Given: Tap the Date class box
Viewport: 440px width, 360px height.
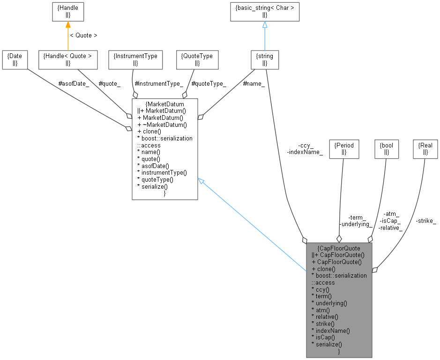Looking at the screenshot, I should pyautogui.click(x=15, y=59).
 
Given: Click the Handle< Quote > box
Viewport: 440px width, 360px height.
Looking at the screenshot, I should pyautogui.click(x=67, y=59).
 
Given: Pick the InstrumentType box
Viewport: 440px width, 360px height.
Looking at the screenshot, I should pyautogui.click(x=135, y=59).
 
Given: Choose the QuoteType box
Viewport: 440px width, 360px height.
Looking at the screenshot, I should pyautogui.click(x=197, y=59).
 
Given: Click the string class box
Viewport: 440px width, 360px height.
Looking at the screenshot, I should pyautogui.click(x=265, y=59).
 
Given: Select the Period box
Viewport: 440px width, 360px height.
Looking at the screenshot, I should pyautogui.click(x=344, y=148).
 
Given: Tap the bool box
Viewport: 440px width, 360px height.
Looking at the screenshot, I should pyautogui.click(x=387, y=148).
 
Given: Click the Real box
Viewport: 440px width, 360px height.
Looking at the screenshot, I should pyautogui.click(x=425, y=148).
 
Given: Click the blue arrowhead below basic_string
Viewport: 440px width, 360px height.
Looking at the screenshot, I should pyautogui.click(x=265, y=25).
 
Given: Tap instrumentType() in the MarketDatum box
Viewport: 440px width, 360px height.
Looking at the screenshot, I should pyautogui.click(x=161, y=172).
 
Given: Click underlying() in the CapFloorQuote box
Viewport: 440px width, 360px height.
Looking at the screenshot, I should pyautogui.click(x=329, y=303).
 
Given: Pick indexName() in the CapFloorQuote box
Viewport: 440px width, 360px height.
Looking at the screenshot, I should pyautogui.click(x=330, y=330).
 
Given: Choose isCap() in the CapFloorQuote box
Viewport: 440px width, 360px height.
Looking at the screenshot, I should pyautogui.click(x=323, y=337).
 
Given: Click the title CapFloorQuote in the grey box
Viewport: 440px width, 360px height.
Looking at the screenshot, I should pyautogui.click(x=339, y=248).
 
